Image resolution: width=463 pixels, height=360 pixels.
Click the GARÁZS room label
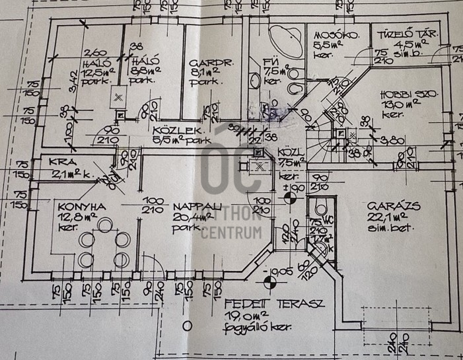coord(388,205)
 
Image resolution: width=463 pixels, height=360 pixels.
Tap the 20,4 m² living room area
coord(186,217)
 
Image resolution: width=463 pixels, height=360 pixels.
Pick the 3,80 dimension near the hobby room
coord(395,140)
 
